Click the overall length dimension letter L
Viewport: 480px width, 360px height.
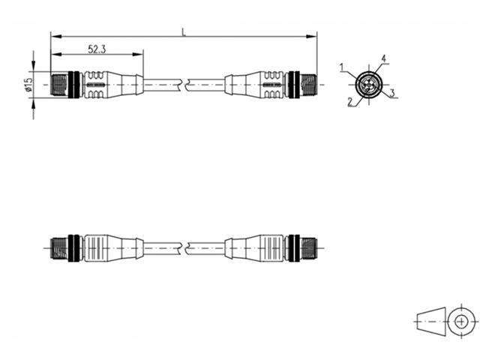coord(184,31)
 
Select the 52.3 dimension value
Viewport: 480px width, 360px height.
coord(96,49)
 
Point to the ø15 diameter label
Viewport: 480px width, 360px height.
coord(28,85)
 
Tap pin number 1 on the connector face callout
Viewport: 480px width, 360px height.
coord(342,68)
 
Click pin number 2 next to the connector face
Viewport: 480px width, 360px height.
coord(349,102)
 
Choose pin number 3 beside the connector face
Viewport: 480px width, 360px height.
coord(392,94)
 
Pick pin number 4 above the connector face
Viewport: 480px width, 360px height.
coord(383,58)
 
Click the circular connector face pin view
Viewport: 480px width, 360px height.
coord(367,82)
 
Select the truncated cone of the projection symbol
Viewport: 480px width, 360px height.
coord(429,320)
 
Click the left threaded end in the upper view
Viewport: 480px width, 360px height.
coord(58,83)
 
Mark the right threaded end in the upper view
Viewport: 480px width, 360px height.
coord(307,83)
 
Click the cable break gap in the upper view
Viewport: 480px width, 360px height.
coord(184,84)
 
